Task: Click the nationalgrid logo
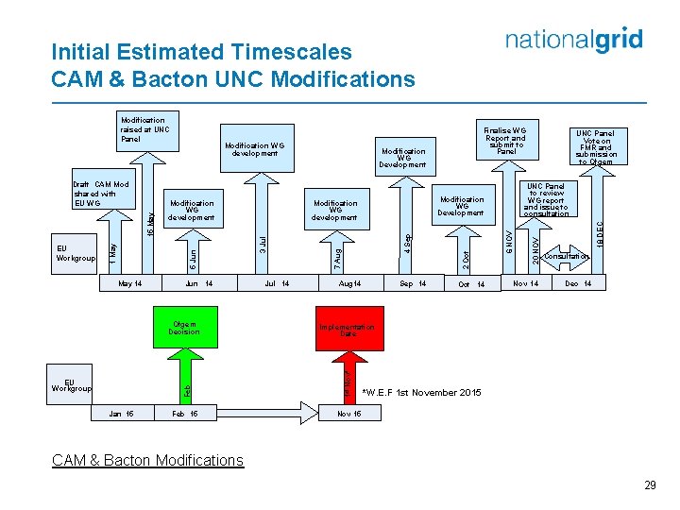coord(573,40)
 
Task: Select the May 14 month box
coord(130,283)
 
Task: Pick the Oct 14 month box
coord(470,284)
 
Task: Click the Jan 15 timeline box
coord(121,414)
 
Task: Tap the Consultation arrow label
coord(567,257)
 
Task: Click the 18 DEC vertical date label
coord(601,235)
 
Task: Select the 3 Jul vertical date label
coord(263,243)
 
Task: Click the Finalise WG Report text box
coord(507,139)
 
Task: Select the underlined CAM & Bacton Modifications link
coord(148,460)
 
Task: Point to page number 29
coord(649,484)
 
